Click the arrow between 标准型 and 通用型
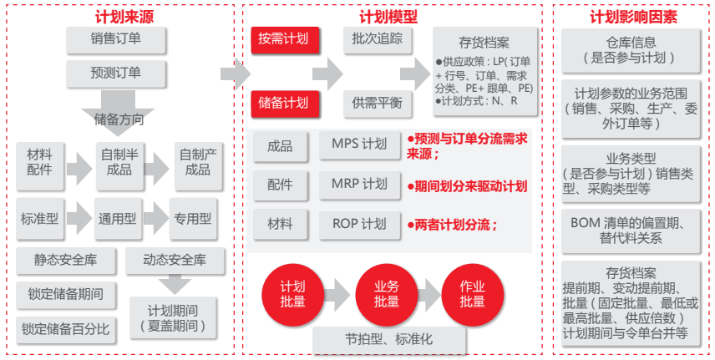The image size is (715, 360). (79, 219)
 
